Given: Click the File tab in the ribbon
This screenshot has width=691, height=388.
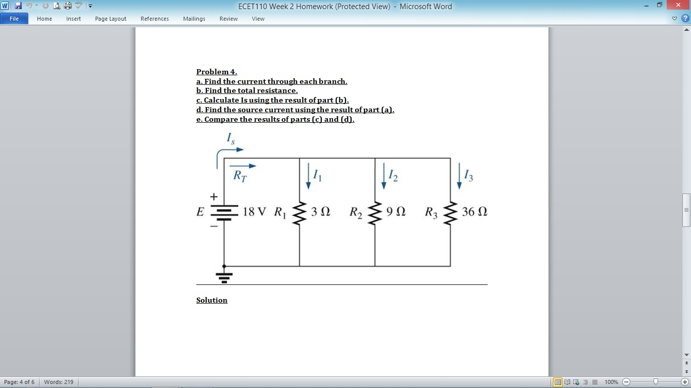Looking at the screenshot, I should click(14, 19).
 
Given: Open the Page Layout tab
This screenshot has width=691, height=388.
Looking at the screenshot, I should click(111, 19).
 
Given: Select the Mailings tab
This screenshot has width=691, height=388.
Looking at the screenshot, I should click(194, 19).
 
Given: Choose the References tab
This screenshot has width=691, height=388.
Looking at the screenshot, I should click(155, 19).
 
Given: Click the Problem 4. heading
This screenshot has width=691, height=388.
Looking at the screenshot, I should click(217, 72).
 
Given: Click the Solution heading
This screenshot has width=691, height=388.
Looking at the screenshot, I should click(212, 300).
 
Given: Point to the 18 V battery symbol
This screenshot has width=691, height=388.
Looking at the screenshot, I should click(224, 213).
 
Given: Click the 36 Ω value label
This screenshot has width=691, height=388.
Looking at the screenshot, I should click(474, 212).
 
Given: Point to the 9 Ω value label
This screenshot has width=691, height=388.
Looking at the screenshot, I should click(396, 212).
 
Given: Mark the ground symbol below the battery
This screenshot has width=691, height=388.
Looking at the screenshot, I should click(224, 276).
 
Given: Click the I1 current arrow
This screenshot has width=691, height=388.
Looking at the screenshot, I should click(309, 176).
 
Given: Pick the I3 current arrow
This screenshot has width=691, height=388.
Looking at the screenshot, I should click(459, 176).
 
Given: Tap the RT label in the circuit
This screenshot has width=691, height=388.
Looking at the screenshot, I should click(240, 176).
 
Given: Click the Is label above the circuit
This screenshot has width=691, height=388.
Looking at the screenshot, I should click(230, 137).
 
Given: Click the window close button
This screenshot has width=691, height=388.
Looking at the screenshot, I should click(678, 5).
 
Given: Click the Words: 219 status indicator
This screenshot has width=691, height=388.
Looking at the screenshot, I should click(59, 382).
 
